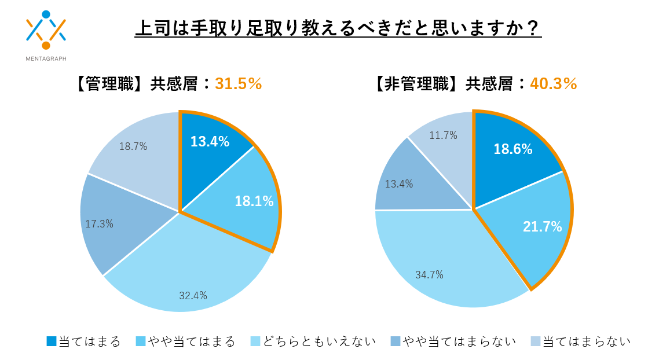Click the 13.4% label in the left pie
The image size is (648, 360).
(210, 141)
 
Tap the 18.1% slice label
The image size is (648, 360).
(254, 201)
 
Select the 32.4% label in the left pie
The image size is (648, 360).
(193, 296)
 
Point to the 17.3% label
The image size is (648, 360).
(99, 223)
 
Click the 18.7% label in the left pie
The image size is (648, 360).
(133, 146)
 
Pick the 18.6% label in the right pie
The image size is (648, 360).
(512, 149)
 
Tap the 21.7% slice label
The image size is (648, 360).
(542, 227)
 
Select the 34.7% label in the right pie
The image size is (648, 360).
(429, 275)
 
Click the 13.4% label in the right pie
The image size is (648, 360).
(399, 185)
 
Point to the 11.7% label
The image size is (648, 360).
(443, 135)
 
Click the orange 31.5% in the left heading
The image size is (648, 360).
(239, 84)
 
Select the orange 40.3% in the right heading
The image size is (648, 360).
(554, 84)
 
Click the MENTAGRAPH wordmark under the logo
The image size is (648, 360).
(46, 58)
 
